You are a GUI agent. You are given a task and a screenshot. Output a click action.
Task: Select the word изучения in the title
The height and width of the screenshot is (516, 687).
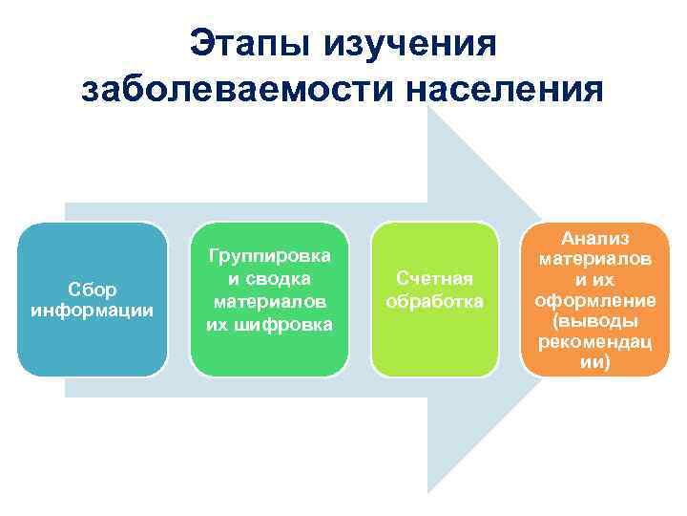point(411,43)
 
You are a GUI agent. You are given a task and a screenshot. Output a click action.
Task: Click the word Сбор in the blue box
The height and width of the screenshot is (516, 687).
point(93,290)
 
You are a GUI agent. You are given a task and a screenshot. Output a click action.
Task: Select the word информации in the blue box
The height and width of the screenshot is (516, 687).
point(93,311)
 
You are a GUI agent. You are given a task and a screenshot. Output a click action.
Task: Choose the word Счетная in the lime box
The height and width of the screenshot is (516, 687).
point(434,278)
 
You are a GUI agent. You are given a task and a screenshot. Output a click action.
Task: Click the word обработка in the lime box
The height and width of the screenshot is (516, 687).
point(434,301)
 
